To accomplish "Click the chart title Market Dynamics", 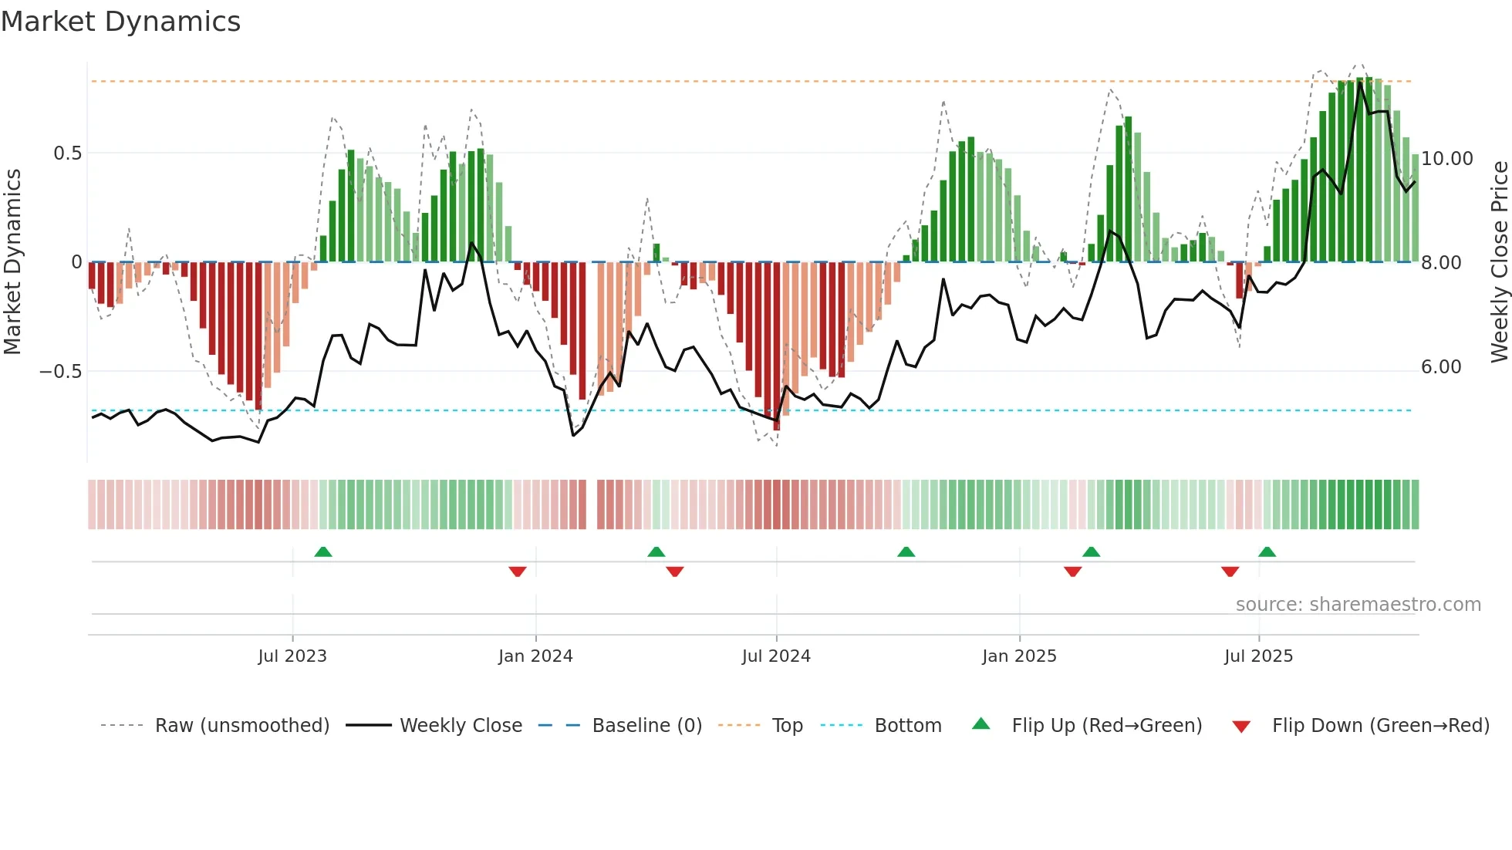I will pos(120,22).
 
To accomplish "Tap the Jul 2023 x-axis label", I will pos(292,656).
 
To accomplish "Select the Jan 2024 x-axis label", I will pos(535,656).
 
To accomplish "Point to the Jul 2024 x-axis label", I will pos(776,656).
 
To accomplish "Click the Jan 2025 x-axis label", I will pos(1019,656).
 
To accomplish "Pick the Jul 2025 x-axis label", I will pos(1258,656).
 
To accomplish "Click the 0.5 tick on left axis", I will pos(67,153).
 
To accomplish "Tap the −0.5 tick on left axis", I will pos(60,372).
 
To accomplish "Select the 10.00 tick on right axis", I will pos(1446,159).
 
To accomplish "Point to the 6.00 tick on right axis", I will pos(1441,367).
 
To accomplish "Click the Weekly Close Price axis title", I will pos(1499,262).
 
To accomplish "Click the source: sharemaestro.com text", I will pos(1358,605).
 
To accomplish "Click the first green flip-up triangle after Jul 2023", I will pos(323,552).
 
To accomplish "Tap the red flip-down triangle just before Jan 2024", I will pos(518,572).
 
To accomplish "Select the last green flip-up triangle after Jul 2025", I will pos(1267,552).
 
